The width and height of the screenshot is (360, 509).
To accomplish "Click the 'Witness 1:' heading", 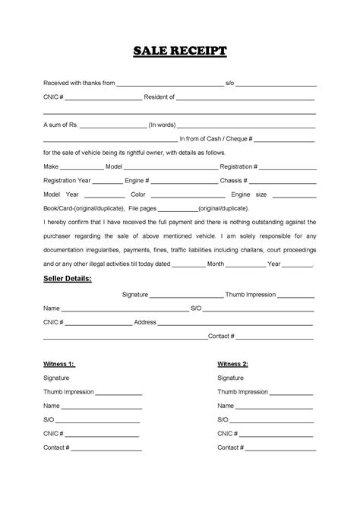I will coord(59,364).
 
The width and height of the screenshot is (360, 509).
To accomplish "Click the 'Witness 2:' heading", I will coord(233,364).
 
